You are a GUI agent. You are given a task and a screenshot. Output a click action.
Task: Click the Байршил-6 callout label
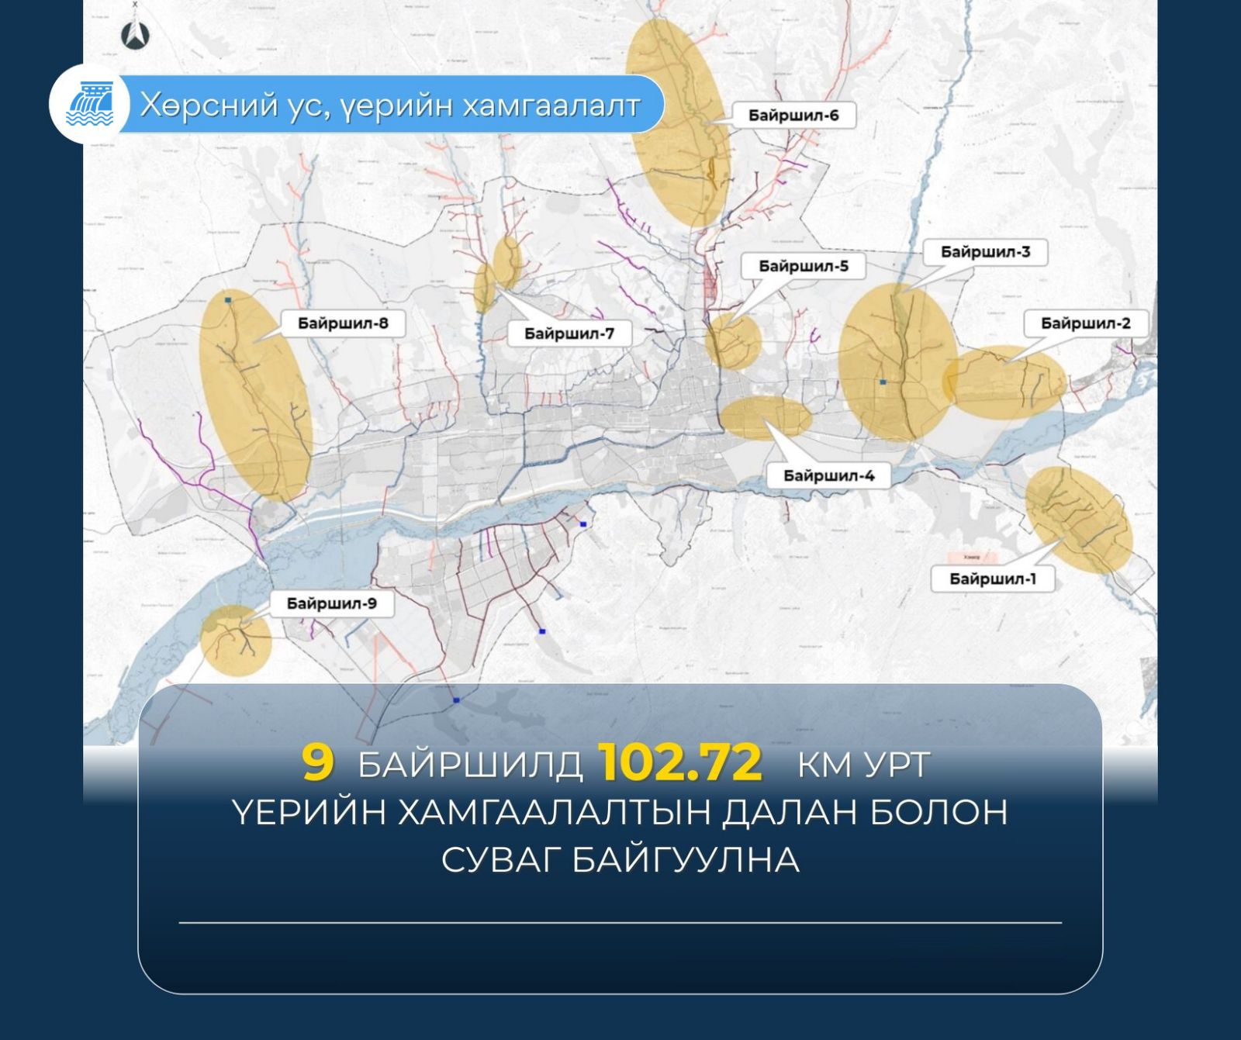pyautogui.click(x=793, y=116)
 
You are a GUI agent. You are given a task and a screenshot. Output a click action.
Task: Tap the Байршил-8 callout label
pyautogui.click(x=343, y=323)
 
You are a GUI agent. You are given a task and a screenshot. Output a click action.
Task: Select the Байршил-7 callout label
pyautogui.click(x=569, y=333)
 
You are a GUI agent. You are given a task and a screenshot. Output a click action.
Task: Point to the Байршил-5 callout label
pyautogui.click(x=803, y=266)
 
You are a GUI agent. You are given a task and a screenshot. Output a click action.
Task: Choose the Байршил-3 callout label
pyautogui.click(x=985, y=252)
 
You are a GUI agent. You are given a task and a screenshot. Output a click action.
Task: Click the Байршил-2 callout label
pyautogui.click(x=1085, y=323)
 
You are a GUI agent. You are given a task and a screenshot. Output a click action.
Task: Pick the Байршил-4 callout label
pyautogui.click(x=828, y=475)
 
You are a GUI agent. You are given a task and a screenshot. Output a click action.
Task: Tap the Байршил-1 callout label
pyautogui.click(x=992, y=579)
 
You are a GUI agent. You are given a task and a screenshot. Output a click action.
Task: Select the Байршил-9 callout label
pyautogui.click(x=331, y=603)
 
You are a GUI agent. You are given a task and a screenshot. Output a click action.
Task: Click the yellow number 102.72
pyautogui.click(x=680, y=763)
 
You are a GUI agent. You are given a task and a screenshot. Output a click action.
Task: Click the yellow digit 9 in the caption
pyautogui.click(x=317, y=763)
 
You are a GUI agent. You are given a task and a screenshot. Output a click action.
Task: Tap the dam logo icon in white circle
pyautogui.click(x=90, y=105)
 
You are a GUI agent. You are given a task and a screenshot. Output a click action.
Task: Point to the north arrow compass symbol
pyautogui.click(x=136, y=34)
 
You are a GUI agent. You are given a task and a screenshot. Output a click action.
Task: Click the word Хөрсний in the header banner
pyautogui.click(x=207, y=105)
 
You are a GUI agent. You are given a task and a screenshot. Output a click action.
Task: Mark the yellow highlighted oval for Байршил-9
pyautogui.click(x=235, y=640)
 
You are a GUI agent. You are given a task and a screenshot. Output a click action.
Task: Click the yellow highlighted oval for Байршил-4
pyautogui.click(x=766, y=416)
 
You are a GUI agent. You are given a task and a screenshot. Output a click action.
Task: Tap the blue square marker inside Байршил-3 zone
pyautogui.click(x=883, y=382)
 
